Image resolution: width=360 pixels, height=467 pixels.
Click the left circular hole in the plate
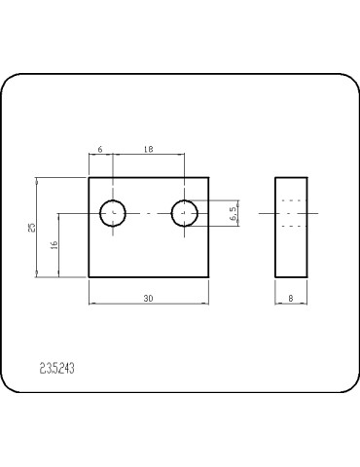tap(114, 212)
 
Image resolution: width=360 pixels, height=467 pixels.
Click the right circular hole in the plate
tap(185, 212)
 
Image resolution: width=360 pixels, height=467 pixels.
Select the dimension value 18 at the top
tap(149, 149)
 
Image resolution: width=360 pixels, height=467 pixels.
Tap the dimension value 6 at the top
tap(101, 149)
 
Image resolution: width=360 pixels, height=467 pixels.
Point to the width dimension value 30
tap(148, 299)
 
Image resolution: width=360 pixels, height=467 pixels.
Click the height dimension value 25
tap(32, 228)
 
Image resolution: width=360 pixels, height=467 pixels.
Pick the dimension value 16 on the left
tap(54, 245)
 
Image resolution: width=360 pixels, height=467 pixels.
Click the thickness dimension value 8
tap(292, 299)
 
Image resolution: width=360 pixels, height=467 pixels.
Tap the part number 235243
tap(58, 369)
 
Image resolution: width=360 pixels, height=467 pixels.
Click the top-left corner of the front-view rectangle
tap(90, 177)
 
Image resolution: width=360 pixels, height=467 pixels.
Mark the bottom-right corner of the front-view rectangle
tap(209, 277)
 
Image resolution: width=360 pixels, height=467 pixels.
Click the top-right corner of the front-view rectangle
tap(209, 177)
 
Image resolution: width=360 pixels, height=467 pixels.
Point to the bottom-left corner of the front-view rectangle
tap(90, 277)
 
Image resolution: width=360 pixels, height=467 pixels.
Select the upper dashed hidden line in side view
tap(292, 201)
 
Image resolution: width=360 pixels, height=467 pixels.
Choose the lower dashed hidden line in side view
tap(292, 224)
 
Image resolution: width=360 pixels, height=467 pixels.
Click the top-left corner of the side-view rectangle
tap(275, 177)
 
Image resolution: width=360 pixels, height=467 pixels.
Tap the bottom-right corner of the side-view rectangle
tap(308, 277)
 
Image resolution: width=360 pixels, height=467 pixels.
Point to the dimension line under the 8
tap(292, 305)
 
